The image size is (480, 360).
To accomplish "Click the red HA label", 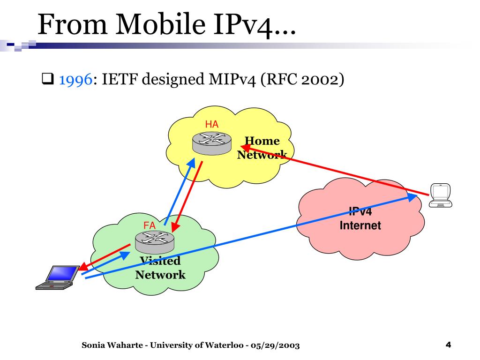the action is (x=211, y=124).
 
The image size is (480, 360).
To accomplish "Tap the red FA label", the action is (x=150, y=225).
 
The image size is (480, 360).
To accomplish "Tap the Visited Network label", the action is (x=160, y=268).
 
